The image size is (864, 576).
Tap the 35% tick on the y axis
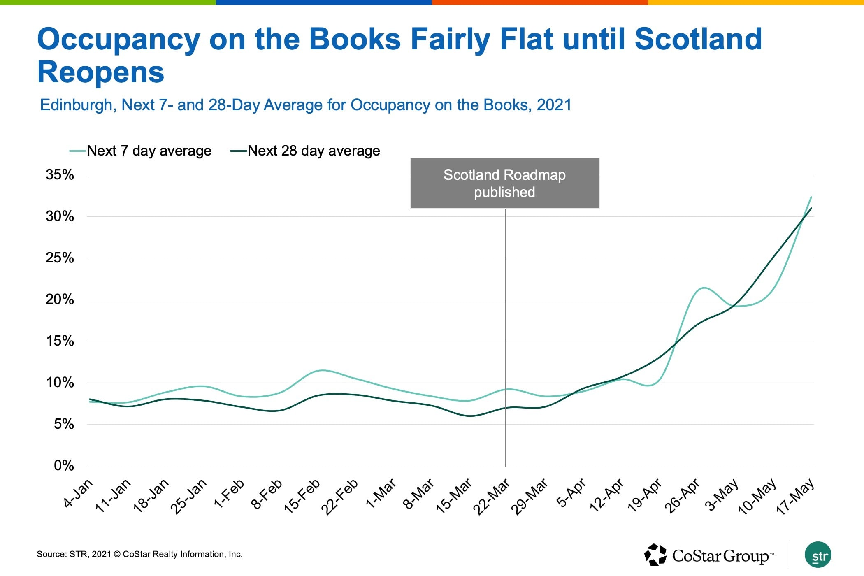[x=60, y=175]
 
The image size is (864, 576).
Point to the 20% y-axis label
[x=60, y=300]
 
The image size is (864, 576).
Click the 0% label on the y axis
[x=64, y=466]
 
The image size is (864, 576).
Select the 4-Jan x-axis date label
[x=79, y=494]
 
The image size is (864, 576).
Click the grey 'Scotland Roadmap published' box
[x=505, y=183]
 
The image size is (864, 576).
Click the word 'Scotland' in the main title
[x=698, y=39]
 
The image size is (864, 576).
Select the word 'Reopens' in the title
[x=101, y=72]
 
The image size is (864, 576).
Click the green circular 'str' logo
[x=818, y=555]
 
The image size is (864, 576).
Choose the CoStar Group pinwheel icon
[x=655, y=555]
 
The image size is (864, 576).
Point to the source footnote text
[x=140, y=554]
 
